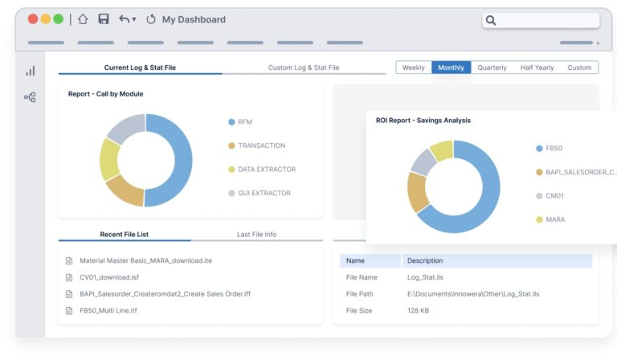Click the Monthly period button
coord(451,67)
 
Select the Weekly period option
coord(414,67)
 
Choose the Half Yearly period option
coord(537,67)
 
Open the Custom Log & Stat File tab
coord(304,67)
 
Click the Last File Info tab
coord(256,235)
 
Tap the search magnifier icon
coord(491,20)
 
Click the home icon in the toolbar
coord(83,19)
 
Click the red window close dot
coord(33,19)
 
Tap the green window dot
coord(58,19)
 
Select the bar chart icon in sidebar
coord(30,71)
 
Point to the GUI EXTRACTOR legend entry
coord(264,193)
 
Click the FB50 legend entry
coord(554,149)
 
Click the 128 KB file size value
coord(419,310)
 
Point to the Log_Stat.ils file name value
coord(426,277)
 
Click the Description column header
coord(424,260)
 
